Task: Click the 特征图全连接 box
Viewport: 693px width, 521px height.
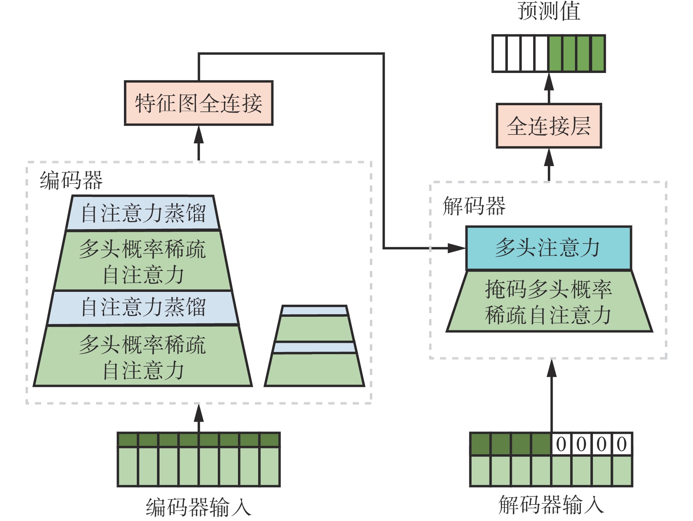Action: tap(198, 103)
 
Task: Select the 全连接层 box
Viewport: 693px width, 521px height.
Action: tap(549, 126)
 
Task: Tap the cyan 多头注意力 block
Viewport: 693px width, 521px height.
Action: tap(549, 248)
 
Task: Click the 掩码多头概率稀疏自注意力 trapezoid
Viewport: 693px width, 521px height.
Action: tap(549, 302)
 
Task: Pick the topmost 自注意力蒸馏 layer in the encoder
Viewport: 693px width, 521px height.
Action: tap(143, 213)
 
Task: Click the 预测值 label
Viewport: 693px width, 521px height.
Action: tap(549, 11)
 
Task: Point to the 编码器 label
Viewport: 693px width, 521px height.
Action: tap(71, 180)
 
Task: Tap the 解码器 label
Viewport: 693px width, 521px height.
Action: tap(474, 206)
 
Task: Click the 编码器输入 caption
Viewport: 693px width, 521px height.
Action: tap(198, 507)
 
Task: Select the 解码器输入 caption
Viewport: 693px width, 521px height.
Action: tap(551, 505)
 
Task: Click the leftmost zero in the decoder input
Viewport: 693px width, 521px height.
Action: tap(561, 444)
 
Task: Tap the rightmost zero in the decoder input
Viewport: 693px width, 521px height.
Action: tap(621, 444)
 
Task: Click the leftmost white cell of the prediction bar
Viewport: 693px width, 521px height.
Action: tap(499, 54)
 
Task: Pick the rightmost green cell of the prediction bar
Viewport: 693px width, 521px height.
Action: tap(598, 54)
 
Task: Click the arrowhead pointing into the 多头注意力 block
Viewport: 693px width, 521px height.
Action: tap(456, 248)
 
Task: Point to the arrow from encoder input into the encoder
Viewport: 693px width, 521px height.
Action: tap(198, 418)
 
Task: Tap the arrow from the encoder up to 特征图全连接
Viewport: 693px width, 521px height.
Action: tap(198, 143)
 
